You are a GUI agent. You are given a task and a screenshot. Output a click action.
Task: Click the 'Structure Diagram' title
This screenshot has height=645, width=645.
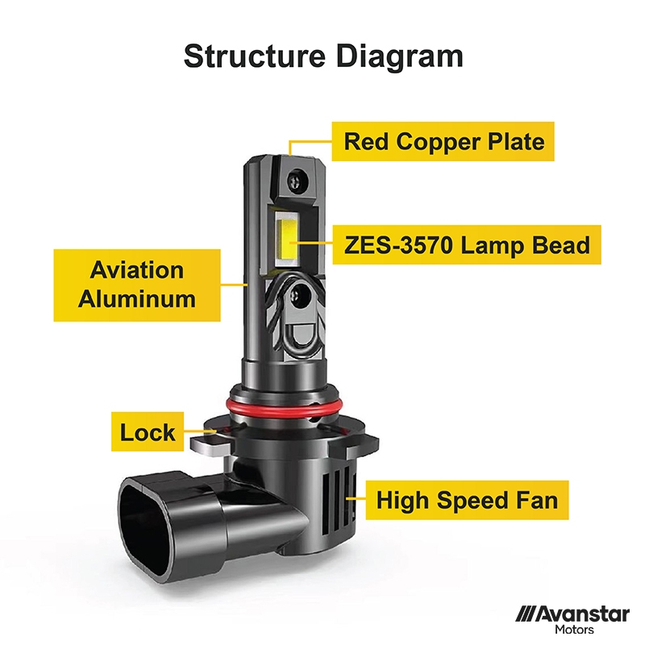323,56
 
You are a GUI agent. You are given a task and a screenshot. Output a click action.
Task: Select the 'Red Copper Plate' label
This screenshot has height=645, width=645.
443,141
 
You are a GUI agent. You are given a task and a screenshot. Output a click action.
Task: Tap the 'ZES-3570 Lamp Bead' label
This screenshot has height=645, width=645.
467,245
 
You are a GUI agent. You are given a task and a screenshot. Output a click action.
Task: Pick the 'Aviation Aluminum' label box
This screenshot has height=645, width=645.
137,285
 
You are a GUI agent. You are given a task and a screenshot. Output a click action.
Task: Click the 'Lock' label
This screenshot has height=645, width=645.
148,432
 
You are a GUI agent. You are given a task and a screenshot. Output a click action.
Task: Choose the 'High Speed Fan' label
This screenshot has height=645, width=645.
467,500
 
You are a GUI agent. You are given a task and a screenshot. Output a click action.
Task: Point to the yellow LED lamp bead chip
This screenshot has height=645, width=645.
287,239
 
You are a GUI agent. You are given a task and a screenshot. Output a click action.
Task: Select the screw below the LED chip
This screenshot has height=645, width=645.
298,294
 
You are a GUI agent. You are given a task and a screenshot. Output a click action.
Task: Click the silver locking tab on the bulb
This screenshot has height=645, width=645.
210,443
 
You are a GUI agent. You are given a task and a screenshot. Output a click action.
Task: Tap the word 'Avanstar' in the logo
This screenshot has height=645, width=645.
582,615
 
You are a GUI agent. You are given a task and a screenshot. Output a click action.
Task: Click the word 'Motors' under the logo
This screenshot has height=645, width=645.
574,630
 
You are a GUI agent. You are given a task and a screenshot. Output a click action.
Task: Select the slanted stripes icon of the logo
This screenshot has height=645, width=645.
526,614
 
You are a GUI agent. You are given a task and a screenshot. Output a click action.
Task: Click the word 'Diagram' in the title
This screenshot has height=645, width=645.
399,57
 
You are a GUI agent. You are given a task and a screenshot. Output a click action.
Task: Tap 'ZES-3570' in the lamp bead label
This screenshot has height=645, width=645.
398,245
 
